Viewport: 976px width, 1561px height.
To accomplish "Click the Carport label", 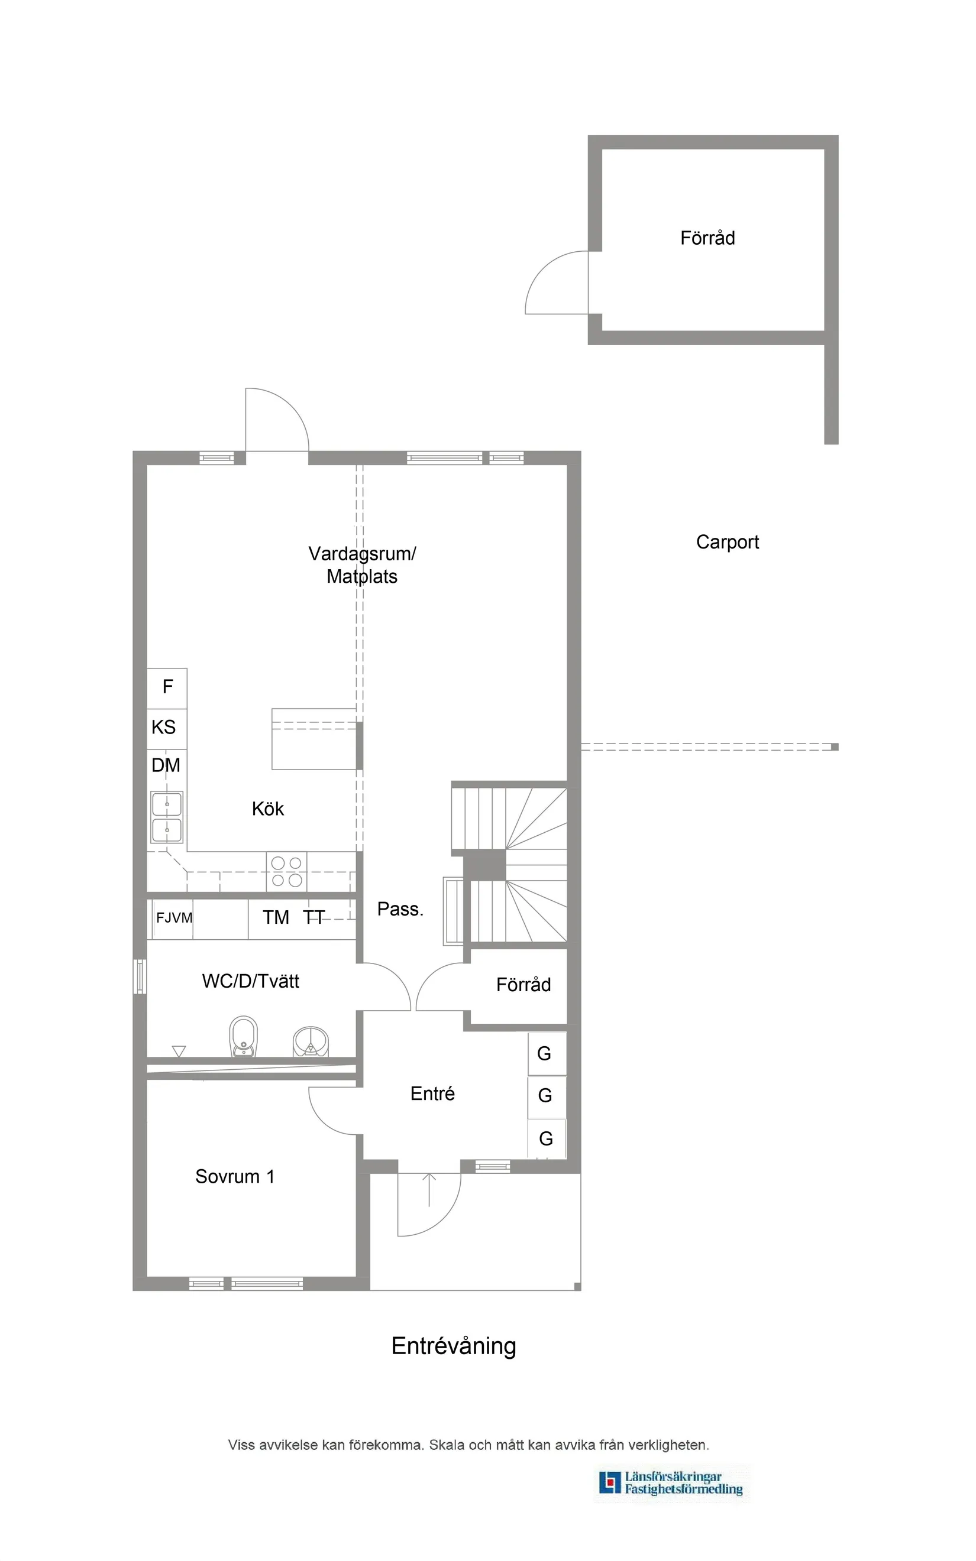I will coord(727,542).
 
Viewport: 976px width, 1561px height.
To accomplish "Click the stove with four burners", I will coord(287,871).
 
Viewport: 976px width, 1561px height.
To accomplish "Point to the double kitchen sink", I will coord(167,817).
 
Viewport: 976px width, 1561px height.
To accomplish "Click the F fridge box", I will coord(167,687).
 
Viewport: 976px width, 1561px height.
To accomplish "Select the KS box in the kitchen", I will coord(164,728).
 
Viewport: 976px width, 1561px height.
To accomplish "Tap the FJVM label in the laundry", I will coord(174,917).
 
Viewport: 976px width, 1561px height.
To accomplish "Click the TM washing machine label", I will coord(276,917).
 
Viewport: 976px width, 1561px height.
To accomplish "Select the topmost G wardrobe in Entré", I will coord(545,1053).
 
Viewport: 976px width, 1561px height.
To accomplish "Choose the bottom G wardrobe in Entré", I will coord(546,1138).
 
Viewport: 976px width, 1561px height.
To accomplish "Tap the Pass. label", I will coord(400,909).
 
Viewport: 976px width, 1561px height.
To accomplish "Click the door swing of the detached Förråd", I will coord(555,284).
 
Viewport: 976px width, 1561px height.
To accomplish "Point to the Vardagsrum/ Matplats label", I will coord(361,564).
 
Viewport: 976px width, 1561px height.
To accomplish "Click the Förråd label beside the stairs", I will coord(523,984).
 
